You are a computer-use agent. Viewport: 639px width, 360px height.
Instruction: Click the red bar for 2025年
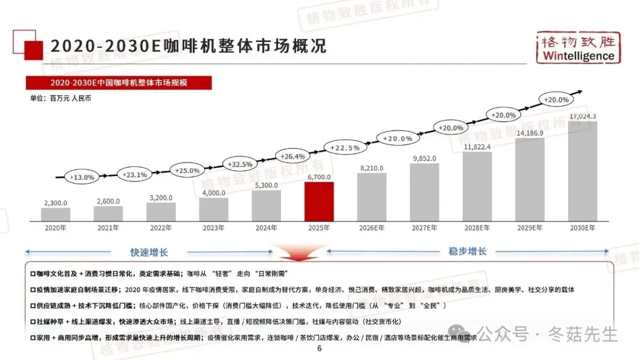click(319, 201)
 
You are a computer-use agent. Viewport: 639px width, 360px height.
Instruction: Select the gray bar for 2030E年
click(582, 171)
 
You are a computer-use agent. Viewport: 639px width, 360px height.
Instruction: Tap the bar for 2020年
click(56, 214)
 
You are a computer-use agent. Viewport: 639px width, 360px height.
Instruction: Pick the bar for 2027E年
click(424, 192)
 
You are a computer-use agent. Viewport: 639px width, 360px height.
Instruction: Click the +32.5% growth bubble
click(240, 164)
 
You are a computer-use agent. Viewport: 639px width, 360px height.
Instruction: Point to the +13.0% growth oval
click(82, 177)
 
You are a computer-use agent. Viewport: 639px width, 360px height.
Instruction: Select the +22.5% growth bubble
click(345, 147)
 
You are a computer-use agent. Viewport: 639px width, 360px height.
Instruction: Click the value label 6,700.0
click(319, 177)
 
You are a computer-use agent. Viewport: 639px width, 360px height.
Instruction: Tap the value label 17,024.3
click(582, 116)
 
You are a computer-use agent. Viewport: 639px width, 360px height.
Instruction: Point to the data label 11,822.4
click(477, 147)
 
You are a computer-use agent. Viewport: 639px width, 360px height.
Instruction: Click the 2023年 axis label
click(214, 228)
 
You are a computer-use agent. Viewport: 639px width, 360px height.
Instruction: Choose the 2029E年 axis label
click(530, 228)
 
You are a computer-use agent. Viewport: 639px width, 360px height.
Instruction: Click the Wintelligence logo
click(578, 48)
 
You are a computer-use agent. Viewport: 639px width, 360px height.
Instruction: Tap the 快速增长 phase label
click(149, 252)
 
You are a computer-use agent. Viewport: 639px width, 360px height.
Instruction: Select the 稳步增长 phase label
click(467, 251)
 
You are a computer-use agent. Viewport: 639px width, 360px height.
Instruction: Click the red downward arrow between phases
click(299, 253)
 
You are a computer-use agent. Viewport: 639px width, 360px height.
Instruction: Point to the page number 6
click(319, 349)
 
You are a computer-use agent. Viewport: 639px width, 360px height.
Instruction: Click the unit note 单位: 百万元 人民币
click(60, 98)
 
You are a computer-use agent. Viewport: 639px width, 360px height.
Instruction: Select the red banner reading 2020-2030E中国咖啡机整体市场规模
click(118, 83)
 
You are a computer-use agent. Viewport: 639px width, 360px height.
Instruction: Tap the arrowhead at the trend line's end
click(580, 92)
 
